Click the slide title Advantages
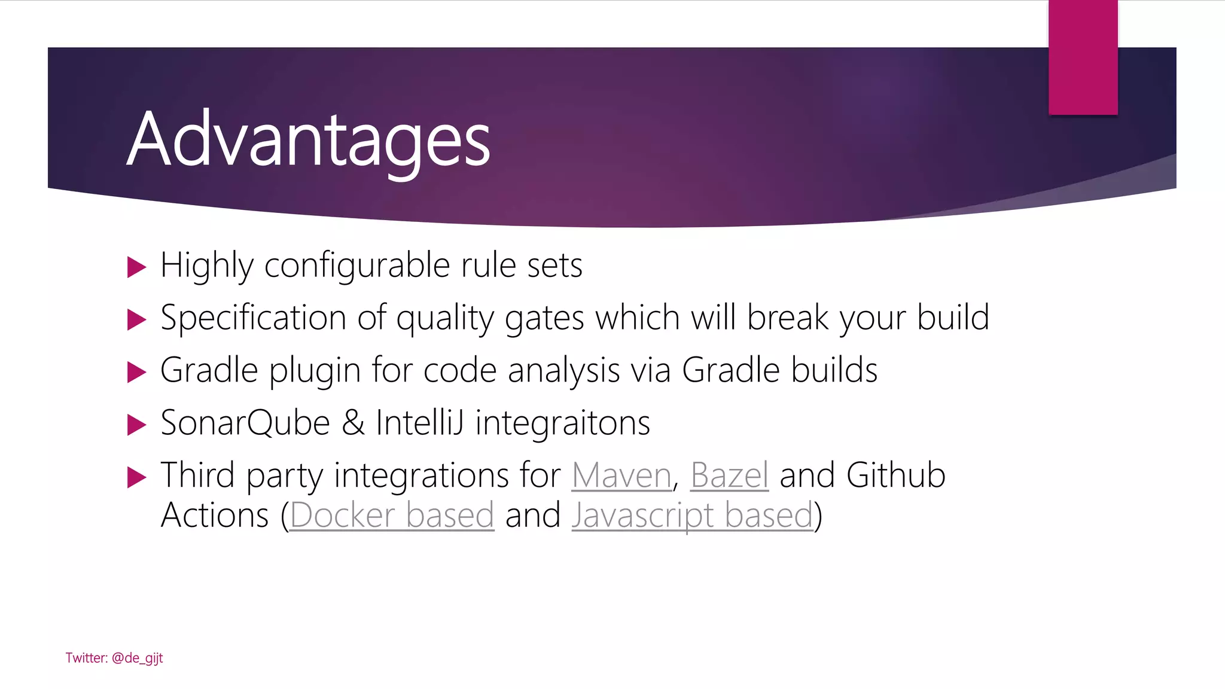(308, 140)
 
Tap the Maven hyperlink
(621, 476)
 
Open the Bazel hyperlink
(729, 476)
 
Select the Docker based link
(392, 516)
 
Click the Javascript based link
(693, 516)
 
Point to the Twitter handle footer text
(114, 658)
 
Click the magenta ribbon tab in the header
(1083, 57)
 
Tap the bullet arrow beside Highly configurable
(136, 267)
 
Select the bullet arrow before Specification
(136, 319)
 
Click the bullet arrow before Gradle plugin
(136, 372)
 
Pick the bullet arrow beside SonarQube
(136, 425)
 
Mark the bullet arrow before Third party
(136, 477)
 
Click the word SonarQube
(245, 423)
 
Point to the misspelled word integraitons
(563, 423)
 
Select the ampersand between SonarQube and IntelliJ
(353, 423)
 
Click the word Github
(896, 476)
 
